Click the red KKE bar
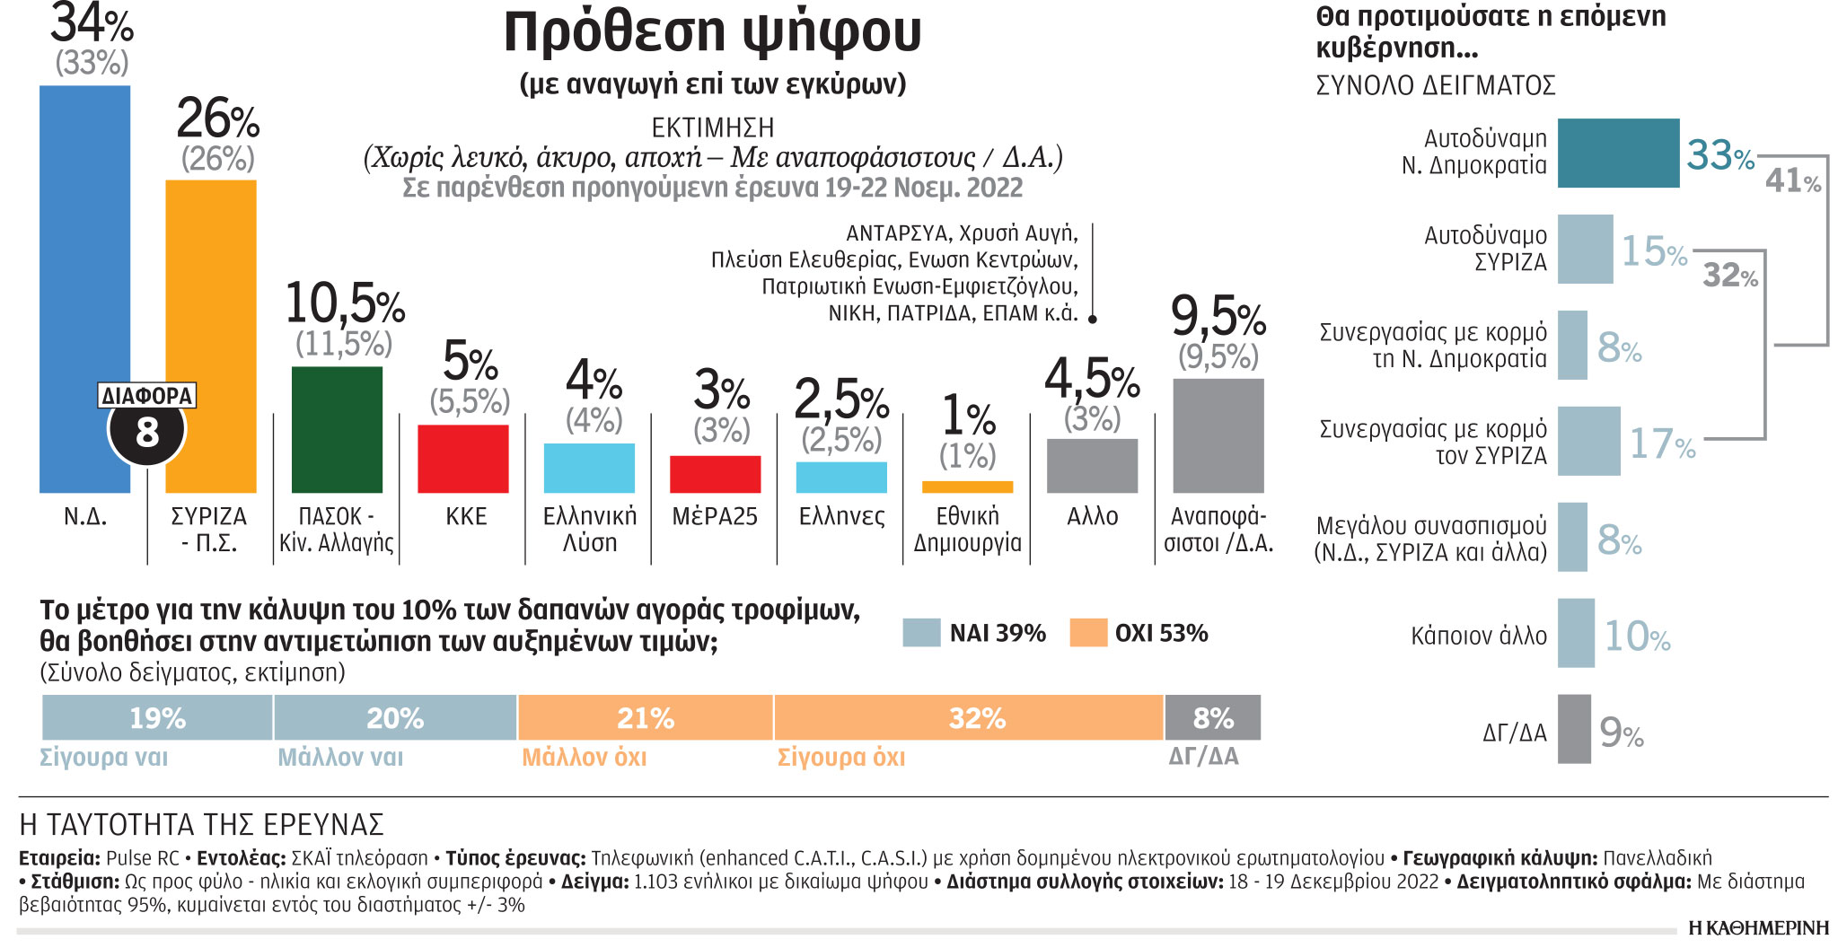[462, 458]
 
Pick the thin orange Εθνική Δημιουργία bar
[967, 487]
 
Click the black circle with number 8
[146, 433]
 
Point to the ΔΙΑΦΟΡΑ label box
[146, 396]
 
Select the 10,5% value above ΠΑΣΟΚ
[345, 304]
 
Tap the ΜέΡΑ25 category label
[715, 517]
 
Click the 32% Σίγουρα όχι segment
[968, 717]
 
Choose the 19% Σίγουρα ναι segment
[157, 717]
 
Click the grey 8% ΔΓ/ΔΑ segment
[1212, 717]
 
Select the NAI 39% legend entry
[975, 633]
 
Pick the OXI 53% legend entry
[1139, 633]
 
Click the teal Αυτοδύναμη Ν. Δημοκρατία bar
[1617, 153]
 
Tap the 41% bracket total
[1792, 181]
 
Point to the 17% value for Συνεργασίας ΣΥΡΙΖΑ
[1662, 443]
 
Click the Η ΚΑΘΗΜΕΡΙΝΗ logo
[1757, 928]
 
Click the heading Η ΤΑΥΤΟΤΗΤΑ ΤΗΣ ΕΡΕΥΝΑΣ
[201, 824]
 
